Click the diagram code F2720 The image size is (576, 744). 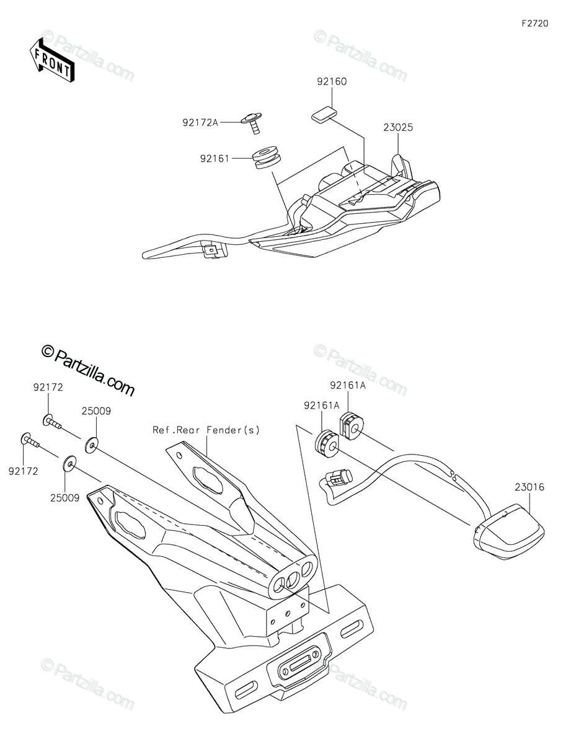534,24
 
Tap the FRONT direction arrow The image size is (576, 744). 52,60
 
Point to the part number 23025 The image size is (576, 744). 398,128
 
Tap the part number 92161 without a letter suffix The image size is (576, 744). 215,159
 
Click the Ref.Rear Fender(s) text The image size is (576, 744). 206,430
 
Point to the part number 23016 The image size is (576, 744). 528,488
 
